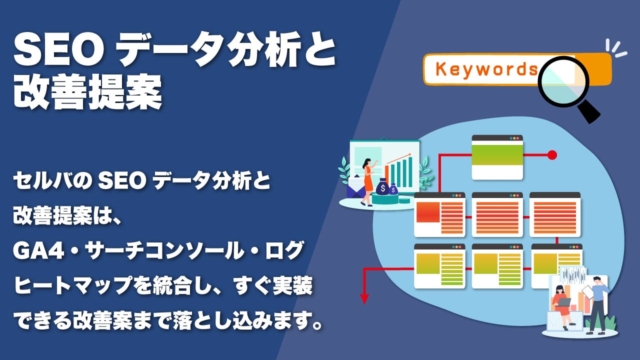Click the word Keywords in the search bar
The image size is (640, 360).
tap(486, 69)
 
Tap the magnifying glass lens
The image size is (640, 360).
tap(563, 81)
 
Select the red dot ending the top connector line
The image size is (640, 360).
tap(552, 155)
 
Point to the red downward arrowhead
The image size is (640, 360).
tap(364, 299)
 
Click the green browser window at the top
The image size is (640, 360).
tap(497, 157)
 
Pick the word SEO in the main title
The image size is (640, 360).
tap(55, 51)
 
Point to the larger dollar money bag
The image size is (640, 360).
tap(382, 187)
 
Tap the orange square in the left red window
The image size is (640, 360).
tap(427, 212)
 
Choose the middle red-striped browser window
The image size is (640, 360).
tap(497, 214)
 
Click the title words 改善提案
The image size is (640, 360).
tap(87, 92)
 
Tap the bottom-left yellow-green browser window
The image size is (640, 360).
tap(439, 266)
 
